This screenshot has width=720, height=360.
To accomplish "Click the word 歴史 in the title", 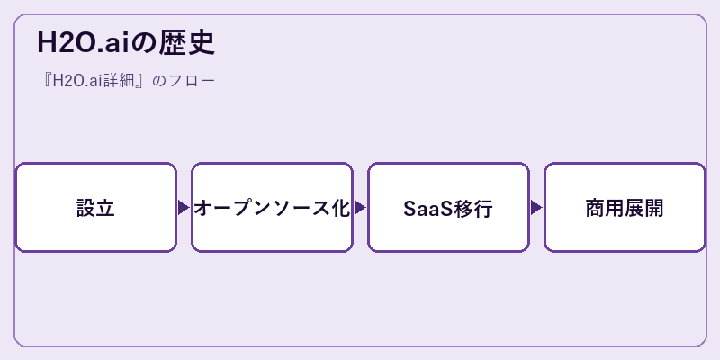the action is [x=187, y=43].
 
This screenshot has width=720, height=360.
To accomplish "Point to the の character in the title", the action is [x=145, y=43].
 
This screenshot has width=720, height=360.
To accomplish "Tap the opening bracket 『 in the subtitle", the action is [x=46, y=81].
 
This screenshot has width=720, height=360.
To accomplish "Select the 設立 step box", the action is [x=96, y=208].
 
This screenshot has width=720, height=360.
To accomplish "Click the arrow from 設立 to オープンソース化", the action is [x=184, y=208].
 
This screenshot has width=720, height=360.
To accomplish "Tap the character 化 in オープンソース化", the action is [x=340, y=208].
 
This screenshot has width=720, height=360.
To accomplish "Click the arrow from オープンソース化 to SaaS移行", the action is [x=359, y=208].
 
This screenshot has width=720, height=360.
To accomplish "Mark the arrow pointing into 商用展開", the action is [x=535, y=208].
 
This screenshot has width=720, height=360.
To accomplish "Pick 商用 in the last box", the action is [x=605, y=208].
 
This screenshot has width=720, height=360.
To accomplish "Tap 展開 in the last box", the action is [x=643, y=208].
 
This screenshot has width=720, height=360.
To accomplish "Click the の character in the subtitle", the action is [x=158, y=82].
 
